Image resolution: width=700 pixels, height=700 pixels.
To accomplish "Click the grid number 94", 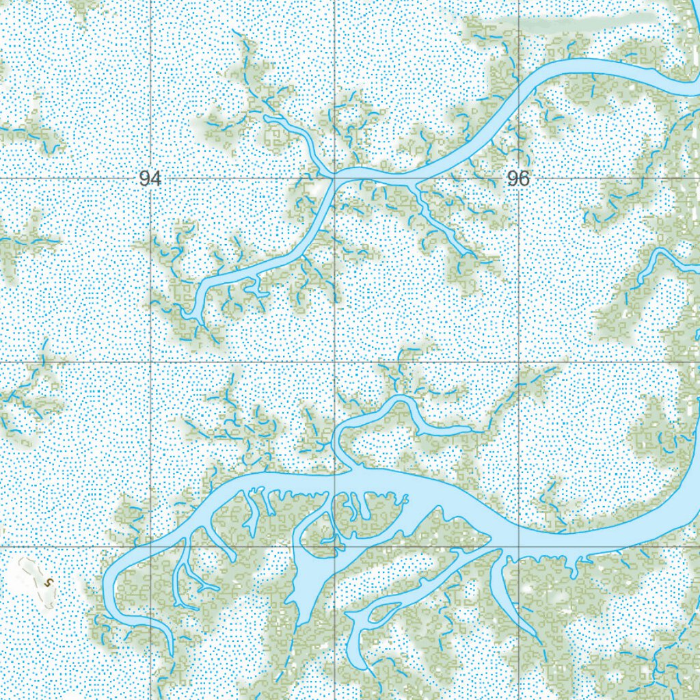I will [x=150, y=179].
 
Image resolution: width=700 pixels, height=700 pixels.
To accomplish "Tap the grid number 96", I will [x=518, y=179].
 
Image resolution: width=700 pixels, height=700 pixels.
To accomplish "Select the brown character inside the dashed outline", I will [x=48, y=582].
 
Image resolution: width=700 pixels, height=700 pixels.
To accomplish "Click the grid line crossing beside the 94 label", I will [x=150, y=179].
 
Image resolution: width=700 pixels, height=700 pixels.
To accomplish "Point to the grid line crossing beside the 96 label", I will [x=519, y=179].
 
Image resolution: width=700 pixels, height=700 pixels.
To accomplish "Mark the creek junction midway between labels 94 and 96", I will [x=334, y=176].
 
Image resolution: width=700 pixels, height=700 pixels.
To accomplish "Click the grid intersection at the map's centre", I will [x=334, y=363].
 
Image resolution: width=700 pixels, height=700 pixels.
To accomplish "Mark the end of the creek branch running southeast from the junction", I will [x=472, y=256].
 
